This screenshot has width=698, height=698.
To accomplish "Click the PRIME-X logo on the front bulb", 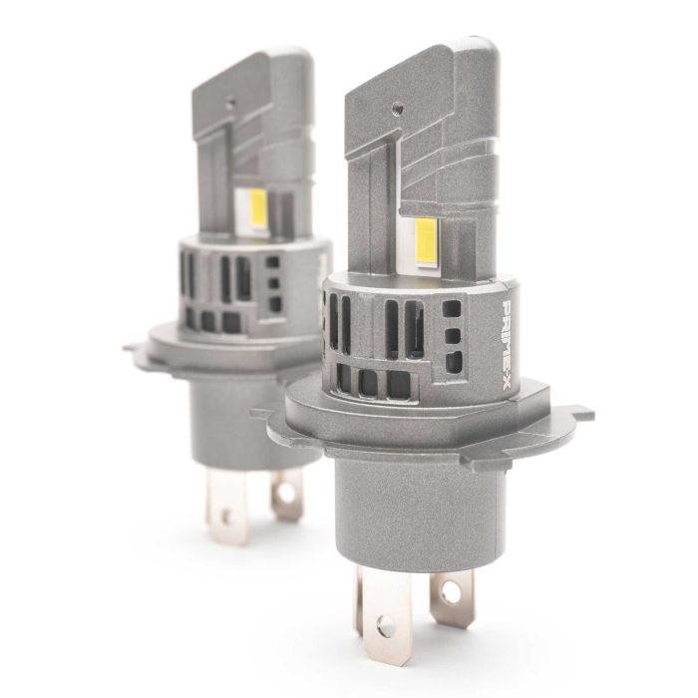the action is coord(507,347).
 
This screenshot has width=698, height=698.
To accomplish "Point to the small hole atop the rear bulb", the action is coord(230,103).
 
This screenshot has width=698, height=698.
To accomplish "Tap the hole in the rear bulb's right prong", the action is coord(286,493).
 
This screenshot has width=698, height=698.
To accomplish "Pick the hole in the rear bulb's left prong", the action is coord(227,516).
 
